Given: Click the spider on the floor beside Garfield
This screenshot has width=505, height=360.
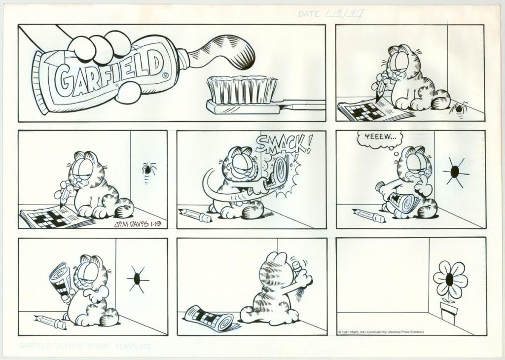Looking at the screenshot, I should [459, 108].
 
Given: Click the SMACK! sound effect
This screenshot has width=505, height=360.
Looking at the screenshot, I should [284, 144].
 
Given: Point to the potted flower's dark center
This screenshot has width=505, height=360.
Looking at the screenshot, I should [449, 280].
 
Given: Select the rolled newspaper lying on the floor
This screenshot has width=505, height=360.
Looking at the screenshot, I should [210, 318].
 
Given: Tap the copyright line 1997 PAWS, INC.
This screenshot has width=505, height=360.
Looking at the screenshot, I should [381, 332].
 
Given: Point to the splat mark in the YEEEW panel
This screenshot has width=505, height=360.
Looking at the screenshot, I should [455, 171].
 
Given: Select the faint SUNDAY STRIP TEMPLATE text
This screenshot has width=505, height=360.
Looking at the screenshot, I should [86, 346].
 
